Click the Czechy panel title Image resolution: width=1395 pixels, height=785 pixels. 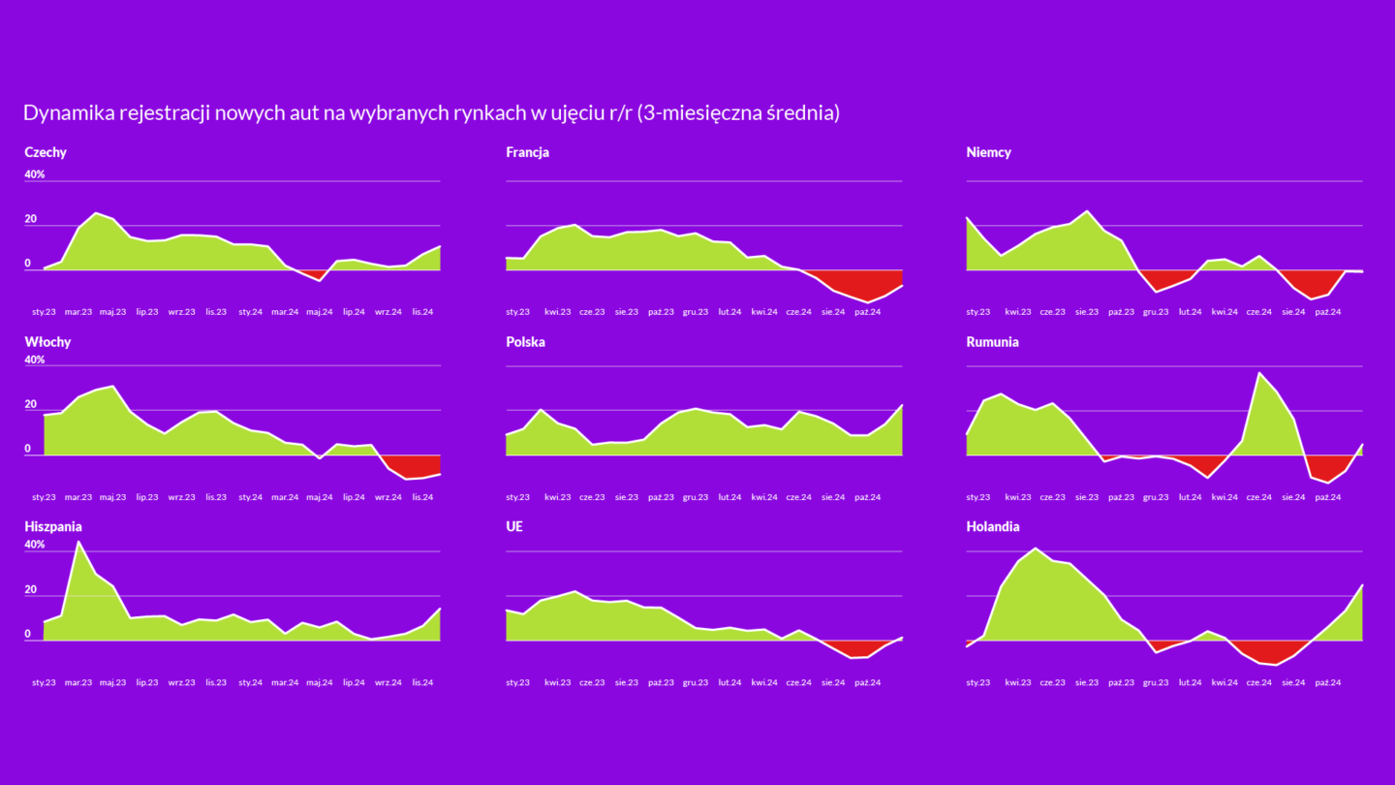[46, 152]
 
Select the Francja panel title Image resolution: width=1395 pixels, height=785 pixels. [528, 152]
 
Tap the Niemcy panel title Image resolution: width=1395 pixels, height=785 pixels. [989, 152]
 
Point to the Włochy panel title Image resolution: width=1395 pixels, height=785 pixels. [47, 342]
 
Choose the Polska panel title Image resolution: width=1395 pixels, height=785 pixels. [526, 342]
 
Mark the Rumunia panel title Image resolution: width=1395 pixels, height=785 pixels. [993, 342]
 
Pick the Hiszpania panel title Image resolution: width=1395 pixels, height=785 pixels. [53, 527]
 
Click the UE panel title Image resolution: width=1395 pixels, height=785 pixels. [515, 527]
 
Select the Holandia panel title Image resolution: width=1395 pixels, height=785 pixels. [993, 527]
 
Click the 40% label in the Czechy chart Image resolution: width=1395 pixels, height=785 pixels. [35, 174]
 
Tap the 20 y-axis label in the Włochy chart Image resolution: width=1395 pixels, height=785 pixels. [31, 404]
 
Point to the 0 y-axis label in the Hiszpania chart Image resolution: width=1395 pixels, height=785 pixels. [28, 634]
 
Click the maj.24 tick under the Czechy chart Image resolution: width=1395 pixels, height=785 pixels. [320, 312]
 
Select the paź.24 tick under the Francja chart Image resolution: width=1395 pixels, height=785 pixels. [867, 312]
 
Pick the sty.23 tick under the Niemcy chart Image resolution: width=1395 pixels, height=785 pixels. [978, 312]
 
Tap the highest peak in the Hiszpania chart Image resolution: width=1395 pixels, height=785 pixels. [78, 542]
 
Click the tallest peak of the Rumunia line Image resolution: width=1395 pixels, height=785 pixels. [1259, 373]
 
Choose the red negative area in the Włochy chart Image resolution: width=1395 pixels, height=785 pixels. [412, 467]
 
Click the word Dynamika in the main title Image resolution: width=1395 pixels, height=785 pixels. [67, 113]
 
